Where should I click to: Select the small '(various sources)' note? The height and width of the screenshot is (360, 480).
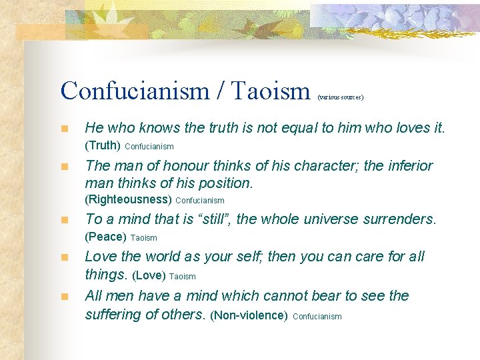tap(341, 97)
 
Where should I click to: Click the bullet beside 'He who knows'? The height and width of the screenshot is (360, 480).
tap(64, 129)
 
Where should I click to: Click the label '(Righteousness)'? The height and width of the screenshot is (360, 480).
tap(129, 199)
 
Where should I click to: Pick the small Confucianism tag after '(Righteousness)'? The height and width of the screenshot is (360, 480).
tap(200, 200)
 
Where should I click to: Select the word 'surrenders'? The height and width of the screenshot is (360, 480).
tap(400, 219)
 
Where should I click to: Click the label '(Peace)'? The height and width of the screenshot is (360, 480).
tap(105, 237)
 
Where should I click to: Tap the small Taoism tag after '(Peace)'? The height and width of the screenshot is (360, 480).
tap(144, 237)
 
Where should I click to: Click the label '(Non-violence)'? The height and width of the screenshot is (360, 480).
tap(249, 315)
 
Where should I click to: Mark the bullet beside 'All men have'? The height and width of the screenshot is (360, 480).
tap(64, 296)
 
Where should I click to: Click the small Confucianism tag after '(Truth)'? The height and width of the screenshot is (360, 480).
tap(149, 146)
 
